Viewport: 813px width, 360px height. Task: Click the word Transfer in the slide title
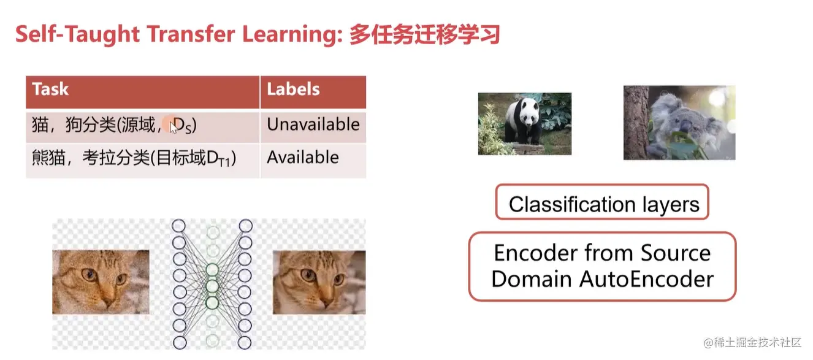191,34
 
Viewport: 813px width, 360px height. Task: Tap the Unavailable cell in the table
313,124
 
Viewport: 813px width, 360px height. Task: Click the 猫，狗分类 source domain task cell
143,125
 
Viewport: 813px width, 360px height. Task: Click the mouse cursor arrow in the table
174,128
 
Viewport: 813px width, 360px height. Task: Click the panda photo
524,124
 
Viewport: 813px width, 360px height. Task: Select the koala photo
679,123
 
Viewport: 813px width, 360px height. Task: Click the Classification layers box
602,202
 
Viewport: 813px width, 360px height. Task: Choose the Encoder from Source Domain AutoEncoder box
603,266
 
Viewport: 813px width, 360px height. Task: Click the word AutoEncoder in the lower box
646,280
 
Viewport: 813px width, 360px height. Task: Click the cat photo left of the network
101,282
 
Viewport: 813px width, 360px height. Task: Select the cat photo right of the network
319,282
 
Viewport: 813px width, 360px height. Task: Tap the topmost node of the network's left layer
178,226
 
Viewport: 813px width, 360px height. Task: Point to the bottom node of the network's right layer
245,343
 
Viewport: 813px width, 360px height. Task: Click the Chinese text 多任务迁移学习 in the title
425,34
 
